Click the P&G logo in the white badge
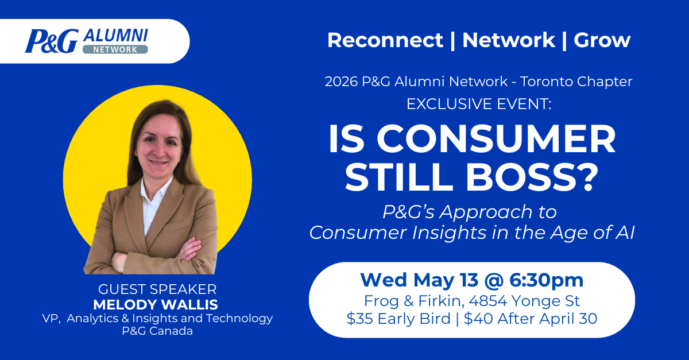click(x=52, y=41)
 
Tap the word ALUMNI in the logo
click(x=116, y=36)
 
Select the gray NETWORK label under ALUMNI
click(x=115, y=49)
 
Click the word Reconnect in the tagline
click(x=385, y=40)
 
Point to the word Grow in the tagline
click(x=602, y=40)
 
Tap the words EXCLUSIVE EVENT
click(x=479, y=104)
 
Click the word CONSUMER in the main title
click(x=496, y=139)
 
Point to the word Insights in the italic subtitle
click(x=449, y=233)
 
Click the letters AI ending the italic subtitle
click(x=625, y=233)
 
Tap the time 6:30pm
click(x=546, y=281)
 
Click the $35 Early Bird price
click(x=398, y=319)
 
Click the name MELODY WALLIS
click(x=156, y=305)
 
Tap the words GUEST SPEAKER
click(x=157, y=289)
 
